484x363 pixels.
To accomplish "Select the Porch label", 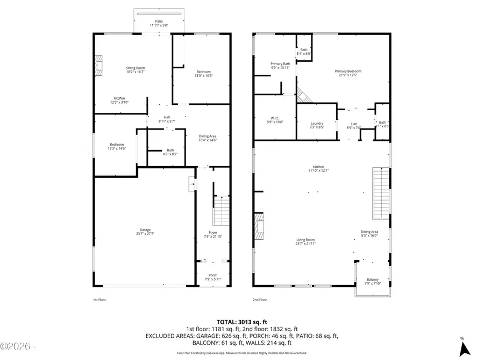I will pyautogui.click(x=213, y=276).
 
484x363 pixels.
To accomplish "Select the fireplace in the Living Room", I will pyautogui.click(x=259, y=226).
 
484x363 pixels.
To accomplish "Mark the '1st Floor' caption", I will pyautogui.click(x=99, y=300).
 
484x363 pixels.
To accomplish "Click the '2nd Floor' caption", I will pyautogui.click(x=260, y=300).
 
